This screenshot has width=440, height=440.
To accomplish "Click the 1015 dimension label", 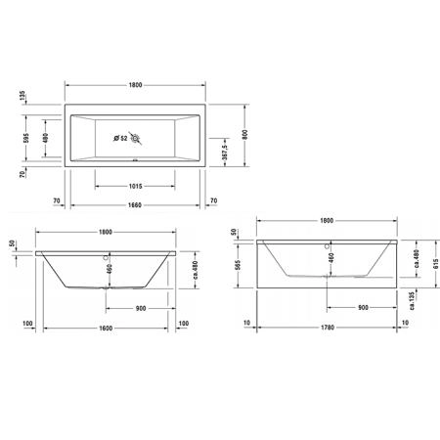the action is [135, 186].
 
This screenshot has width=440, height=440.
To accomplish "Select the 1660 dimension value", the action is [135, 205].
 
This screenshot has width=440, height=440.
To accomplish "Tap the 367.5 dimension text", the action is [225, 152].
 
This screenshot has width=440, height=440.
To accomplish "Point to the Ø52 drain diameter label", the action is [120, 139].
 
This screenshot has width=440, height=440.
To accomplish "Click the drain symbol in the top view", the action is [135, 139].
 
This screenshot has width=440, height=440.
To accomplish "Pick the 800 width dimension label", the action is [245, 134].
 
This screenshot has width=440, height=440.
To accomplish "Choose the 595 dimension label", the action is [26, 138].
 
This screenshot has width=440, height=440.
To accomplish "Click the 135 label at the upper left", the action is [22, 96].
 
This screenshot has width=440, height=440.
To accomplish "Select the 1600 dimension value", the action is [106, 328].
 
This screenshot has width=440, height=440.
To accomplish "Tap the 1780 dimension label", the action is [328, 328].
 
